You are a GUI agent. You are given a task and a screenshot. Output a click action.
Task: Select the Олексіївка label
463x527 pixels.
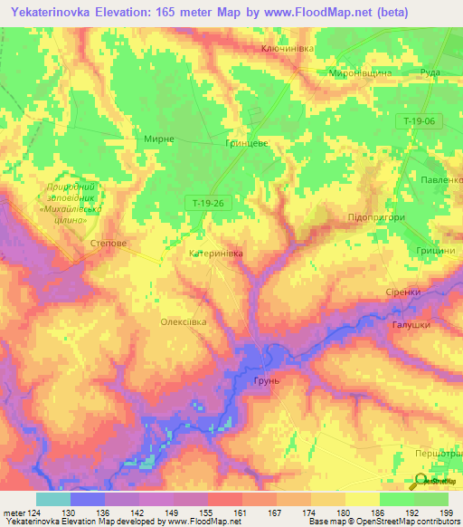184,321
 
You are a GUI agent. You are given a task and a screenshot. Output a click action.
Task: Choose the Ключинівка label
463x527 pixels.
288,48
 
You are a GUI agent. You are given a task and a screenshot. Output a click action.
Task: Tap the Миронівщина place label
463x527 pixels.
360,72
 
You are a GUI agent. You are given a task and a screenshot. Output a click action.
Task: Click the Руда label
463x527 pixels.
430,72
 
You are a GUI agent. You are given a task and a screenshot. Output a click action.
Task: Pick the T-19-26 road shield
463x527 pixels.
208,204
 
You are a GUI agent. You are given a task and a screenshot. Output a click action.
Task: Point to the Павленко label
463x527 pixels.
438,180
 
